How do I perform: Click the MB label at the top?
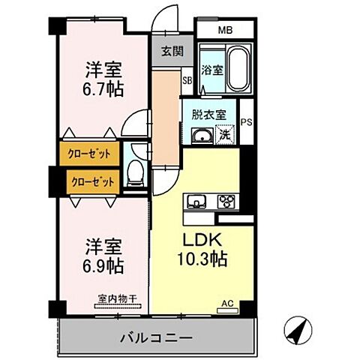click(225, 31)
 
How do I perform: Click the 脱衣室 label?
click(206, 116)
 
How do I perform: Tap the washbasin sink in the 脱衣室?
click(201, 136)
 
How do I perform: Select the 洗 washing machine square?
click(223, 136)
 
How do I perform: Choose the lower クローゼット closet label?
click(92, 181)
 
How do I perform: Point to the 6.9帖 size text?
click(103, 266)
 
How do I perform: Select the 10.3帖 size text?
click(200, 262)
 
